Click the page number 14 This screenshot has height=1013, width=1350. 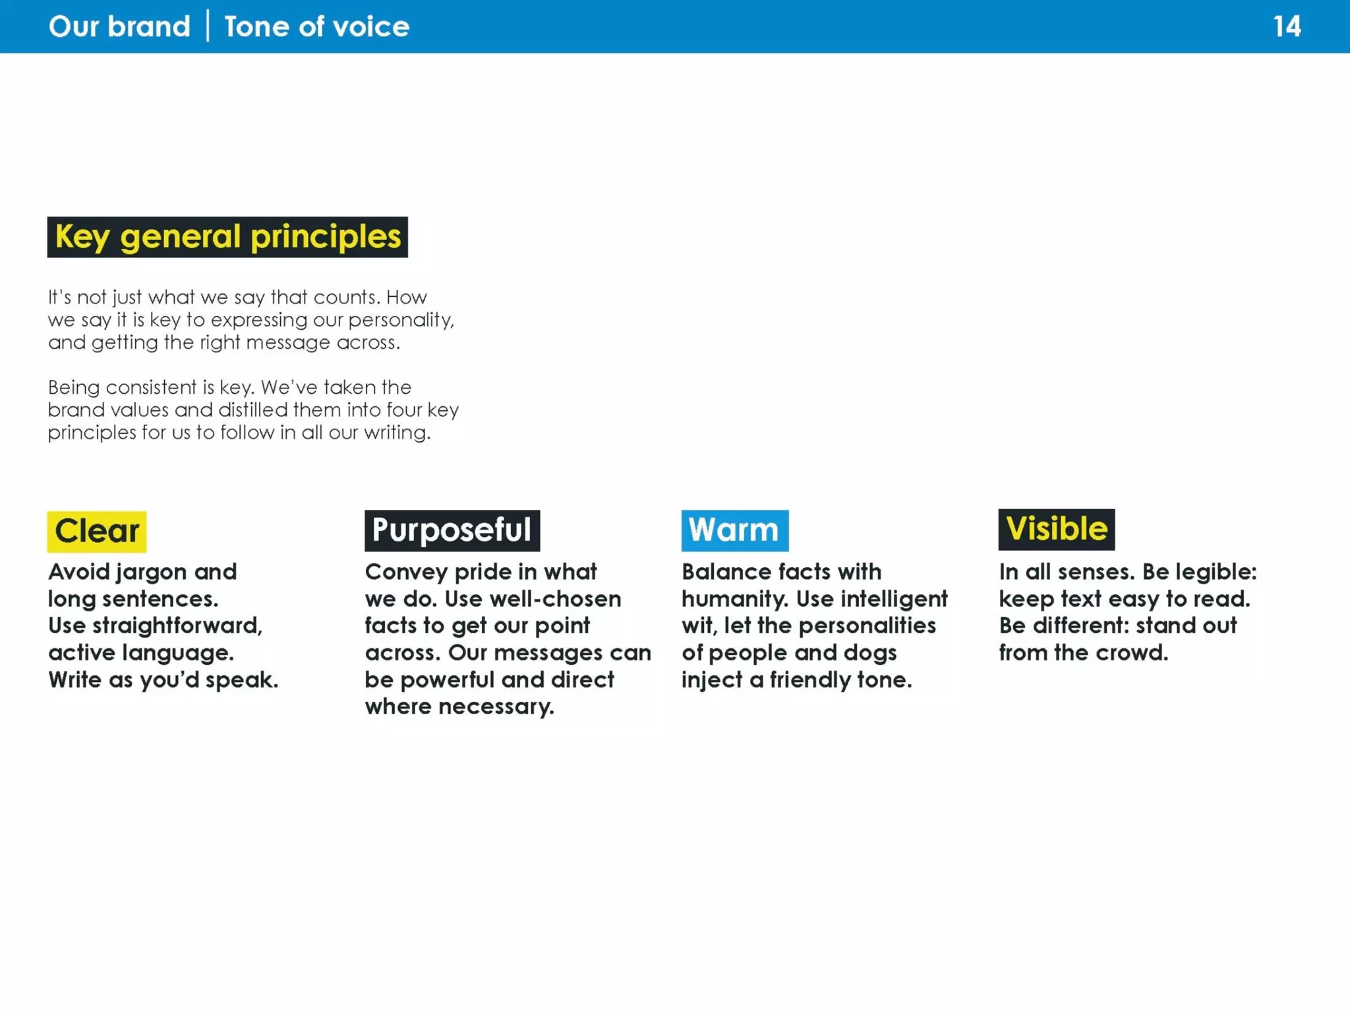[x=1286, y=27]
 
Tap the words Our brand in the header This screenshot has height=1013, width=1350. [x=119, y=27]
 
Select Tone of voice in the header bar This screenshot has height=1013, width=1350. [x=316, y=27]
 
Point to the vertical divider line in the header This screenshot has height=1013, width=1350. [x=208, y=26]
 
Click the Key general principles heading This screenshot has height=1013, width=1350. [x=227, y=237]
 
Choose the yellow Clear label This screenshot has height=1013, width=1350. [x=97, y=531]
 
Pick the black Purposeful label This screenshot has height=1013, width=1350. [x=452, y=530]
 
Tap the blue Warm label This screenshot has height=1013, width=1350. [x=734, y=530]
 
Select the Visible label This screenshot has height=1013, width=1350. [x=1056, y=529]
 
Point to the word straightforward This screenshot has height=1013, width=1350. [x=177, y=625]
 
